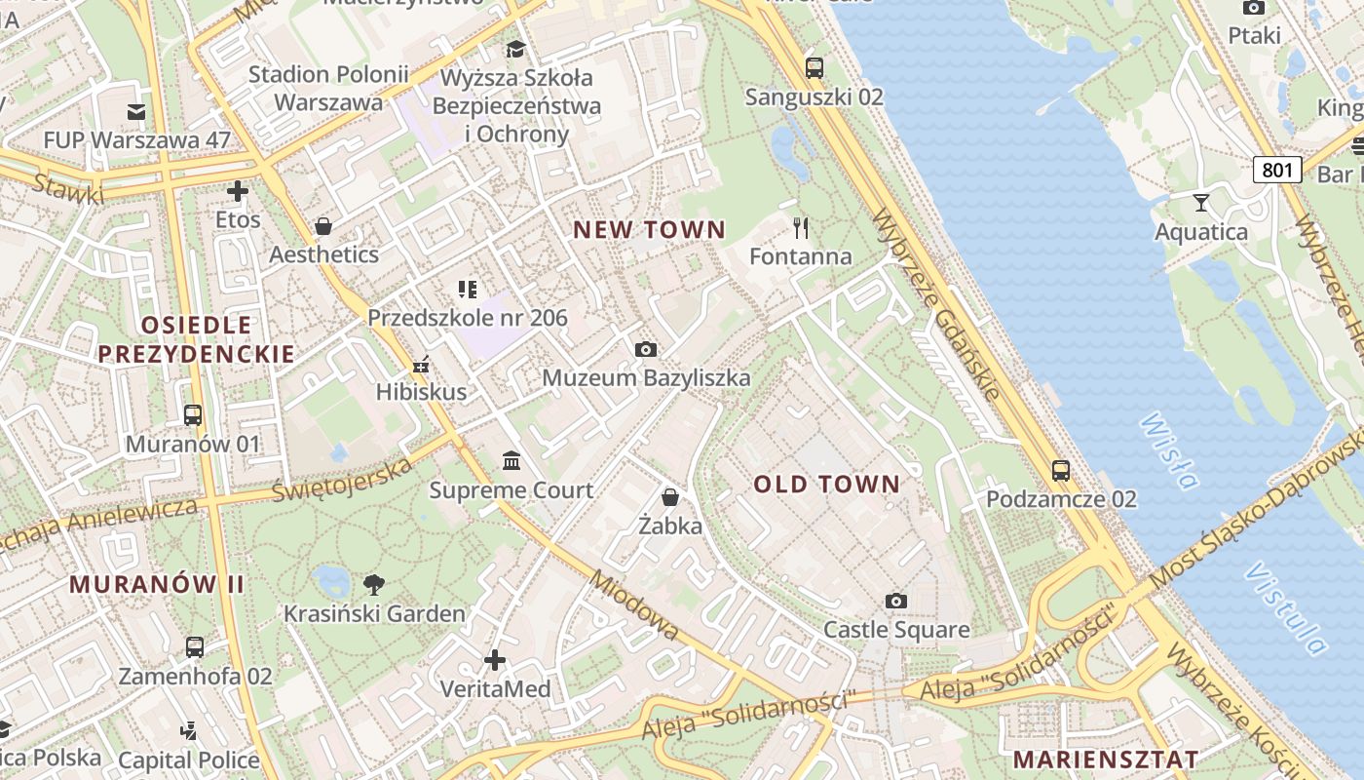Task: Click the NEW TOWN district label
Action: (x=649, y=230)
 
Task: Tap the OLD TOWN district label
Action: (x=827, y=485)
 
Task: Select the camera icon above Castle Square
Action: (x=896, y=601)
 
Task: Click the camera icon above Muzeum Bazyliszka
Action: (x=645, y=349)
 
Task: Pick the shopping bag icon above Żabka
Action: (x=670, y=497)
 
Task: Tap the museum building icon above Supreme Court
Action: (x=511, y=460)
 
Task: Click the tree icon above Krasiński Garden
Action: (x=373, y=585)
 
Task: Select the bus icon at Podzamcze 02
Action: (x=1061, y=471)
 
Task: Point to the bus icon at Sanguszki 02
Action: (x=814, y=68)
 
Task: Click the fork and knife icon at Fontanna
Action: (x=801, y=228)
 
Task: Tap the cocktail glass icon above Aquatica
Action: (x=1200, y=203)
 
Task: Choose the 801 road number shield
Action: (x=1277, y=171)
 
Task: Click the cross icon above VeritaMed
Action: (x=495, y=661)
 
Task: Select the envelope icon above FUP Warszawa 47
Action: (x=136, y=112)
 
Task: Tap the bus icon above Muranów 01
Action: (x=193, y=415)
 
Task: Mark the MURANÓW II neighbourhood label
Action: (x=157, y=584)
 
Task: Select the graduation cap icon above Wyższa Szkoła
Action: (x=515, y=49)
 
